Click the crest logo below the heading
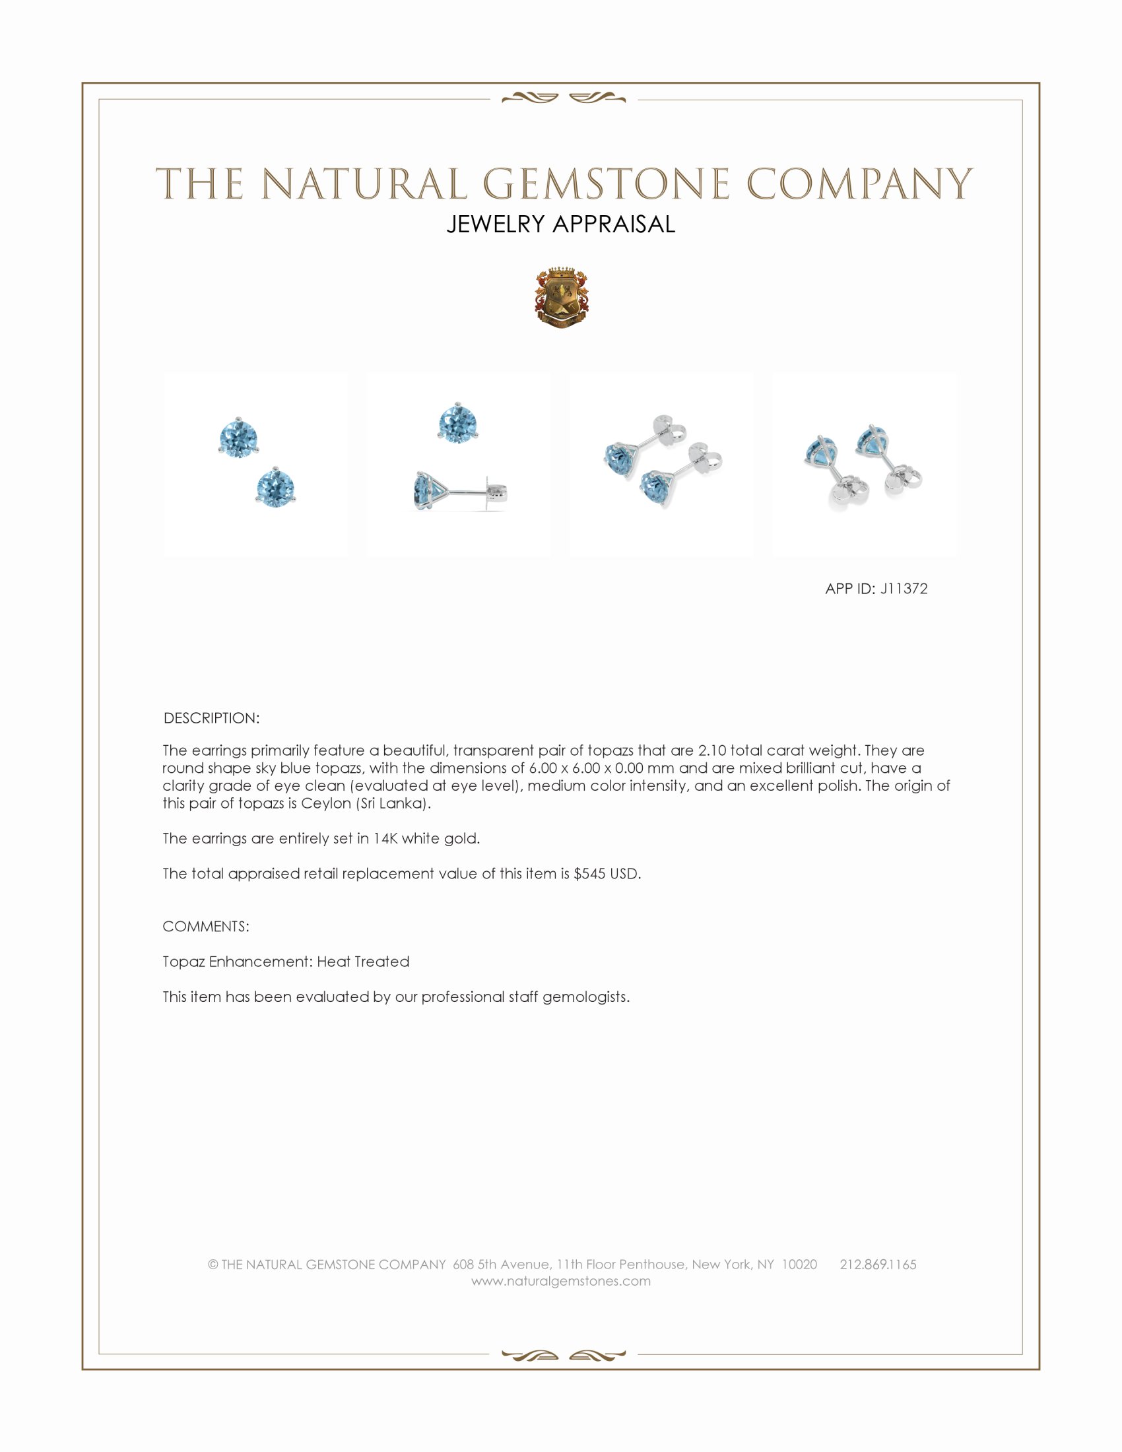pyautogui.click(x=561, y=298)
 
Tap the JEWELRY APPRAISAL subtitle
pyautogui.click(x=560, y=224)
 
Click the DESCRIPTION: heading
pyautogui.click(x=211, y=718)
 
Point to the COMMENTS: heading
pyautogui.click(x=206, y=927)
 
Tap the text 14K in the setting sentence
pyautogui.click(x=385, y=838)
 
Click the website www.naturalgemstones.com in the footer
pyautogui.click(x=560, y=1281)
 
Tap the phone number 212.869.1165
pyautogui.click(x=877, y=1265)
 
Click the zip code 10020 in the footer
pyautogui.click(x=799, y=1265)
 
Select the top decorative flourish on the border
pyautogui.click(x=563, y=98)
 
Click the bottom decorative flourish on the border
pyautogui.click(x=563, y=1356)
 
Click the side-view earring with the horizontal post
pyautogui.click(x=459, y=492)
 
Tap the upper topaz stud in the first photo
pyautogui.click(x=238, y=438)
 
